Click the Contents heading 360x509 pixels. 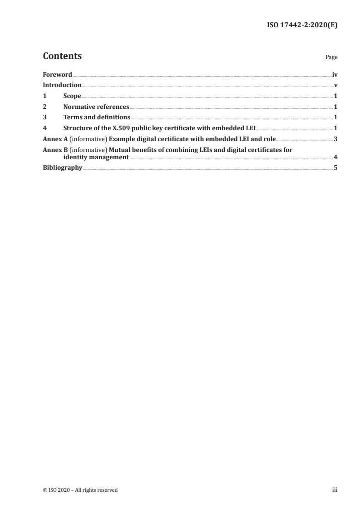(62, 56)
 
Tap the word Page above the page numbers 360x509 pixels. (331, 58)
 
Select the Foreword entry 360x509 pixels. (57, 74)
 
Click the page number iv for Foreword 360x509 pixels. (335, 74)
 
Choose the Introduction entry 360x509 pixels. (62, 85)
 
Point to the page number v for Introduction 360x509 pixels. (335, 85)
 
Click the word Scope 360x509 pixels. (72, 96)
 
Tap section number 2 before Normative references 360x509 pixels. (44, 107)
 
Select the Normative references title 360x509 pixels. (96, 107)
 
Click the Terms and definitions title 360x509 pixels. (97, 117)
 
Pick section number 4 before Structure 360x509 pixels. (44, 128)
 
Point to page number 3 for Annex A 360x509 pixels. (335, 139)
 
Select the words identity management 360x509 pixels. (96, 157)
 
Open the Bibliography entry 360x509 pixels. (62, 168)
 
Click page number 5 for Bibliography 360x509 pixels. (335, 168)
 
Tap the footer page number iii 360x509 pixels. (335, 490)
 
